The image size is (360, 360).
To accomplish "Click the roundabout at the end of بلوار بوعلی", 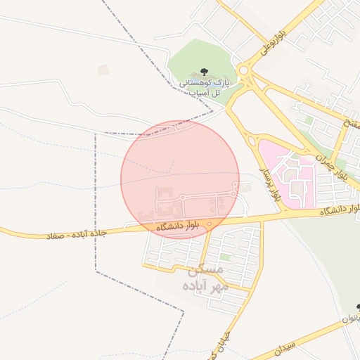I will (x=245, y=70).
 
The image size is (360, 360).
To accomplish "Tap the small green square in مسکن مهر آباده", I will (x=225, y=258).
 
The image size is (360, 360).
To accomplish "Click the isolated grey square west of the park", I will (x=103, y=70).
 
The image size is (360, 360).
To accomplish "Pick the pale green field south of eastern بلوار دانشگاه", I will (x=323, y=267).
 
